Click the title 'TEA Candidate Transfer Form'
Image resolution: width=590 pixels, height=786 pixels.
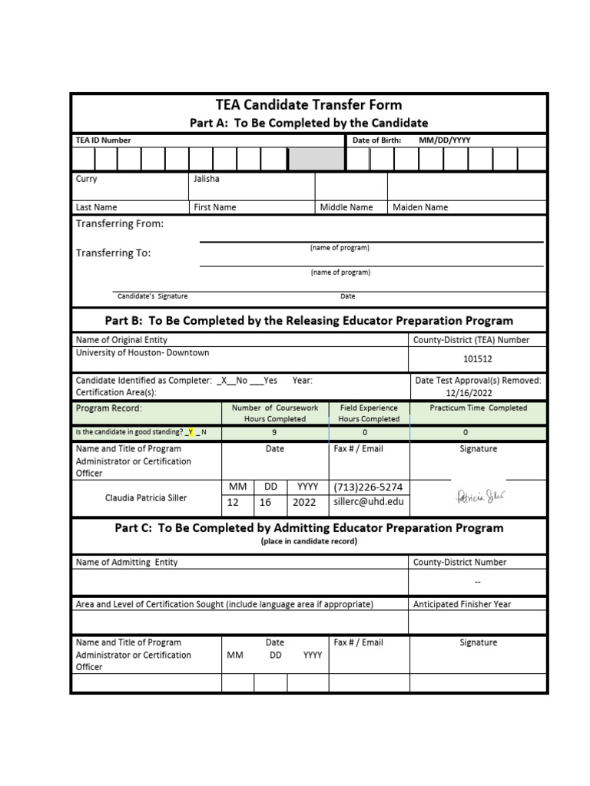309,105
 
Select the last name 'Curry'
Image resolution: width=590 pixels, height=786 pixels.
87,179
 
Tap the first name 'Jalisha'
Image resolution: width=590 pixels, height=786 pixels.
207,179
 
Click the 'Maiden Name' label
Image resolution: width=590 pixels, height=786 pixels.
420,207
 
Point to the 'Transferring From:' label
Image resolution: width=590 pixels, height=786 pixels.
119,224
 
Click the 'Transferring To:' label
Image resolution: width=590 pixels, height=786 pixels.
113,253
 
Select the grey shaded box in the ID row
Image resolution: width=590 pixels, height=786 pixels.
316,159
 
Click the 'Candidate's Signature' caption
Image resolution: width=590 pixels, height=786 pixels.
152,296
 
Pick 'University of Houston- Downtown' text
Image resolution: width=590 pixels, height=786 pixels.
142,353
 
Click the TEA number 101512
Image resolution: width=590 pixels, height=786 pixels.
478,358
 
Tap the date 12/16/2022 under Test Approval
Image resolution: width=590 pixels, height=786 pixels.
478,393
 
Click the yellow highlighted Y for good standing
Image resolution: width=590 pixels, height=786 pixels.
191,433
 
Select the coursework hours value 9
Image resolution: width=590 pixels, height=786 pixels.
274,433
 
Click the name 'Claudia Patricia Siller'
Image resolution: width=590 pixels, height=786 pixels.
146,497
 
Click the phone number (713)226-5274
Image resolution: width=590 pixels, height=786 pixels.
368,487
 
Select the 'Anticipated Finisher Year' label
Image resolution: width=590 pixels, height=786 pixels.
462,604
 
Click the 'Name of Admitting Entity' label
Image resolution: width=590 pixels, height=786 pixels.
127,562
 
